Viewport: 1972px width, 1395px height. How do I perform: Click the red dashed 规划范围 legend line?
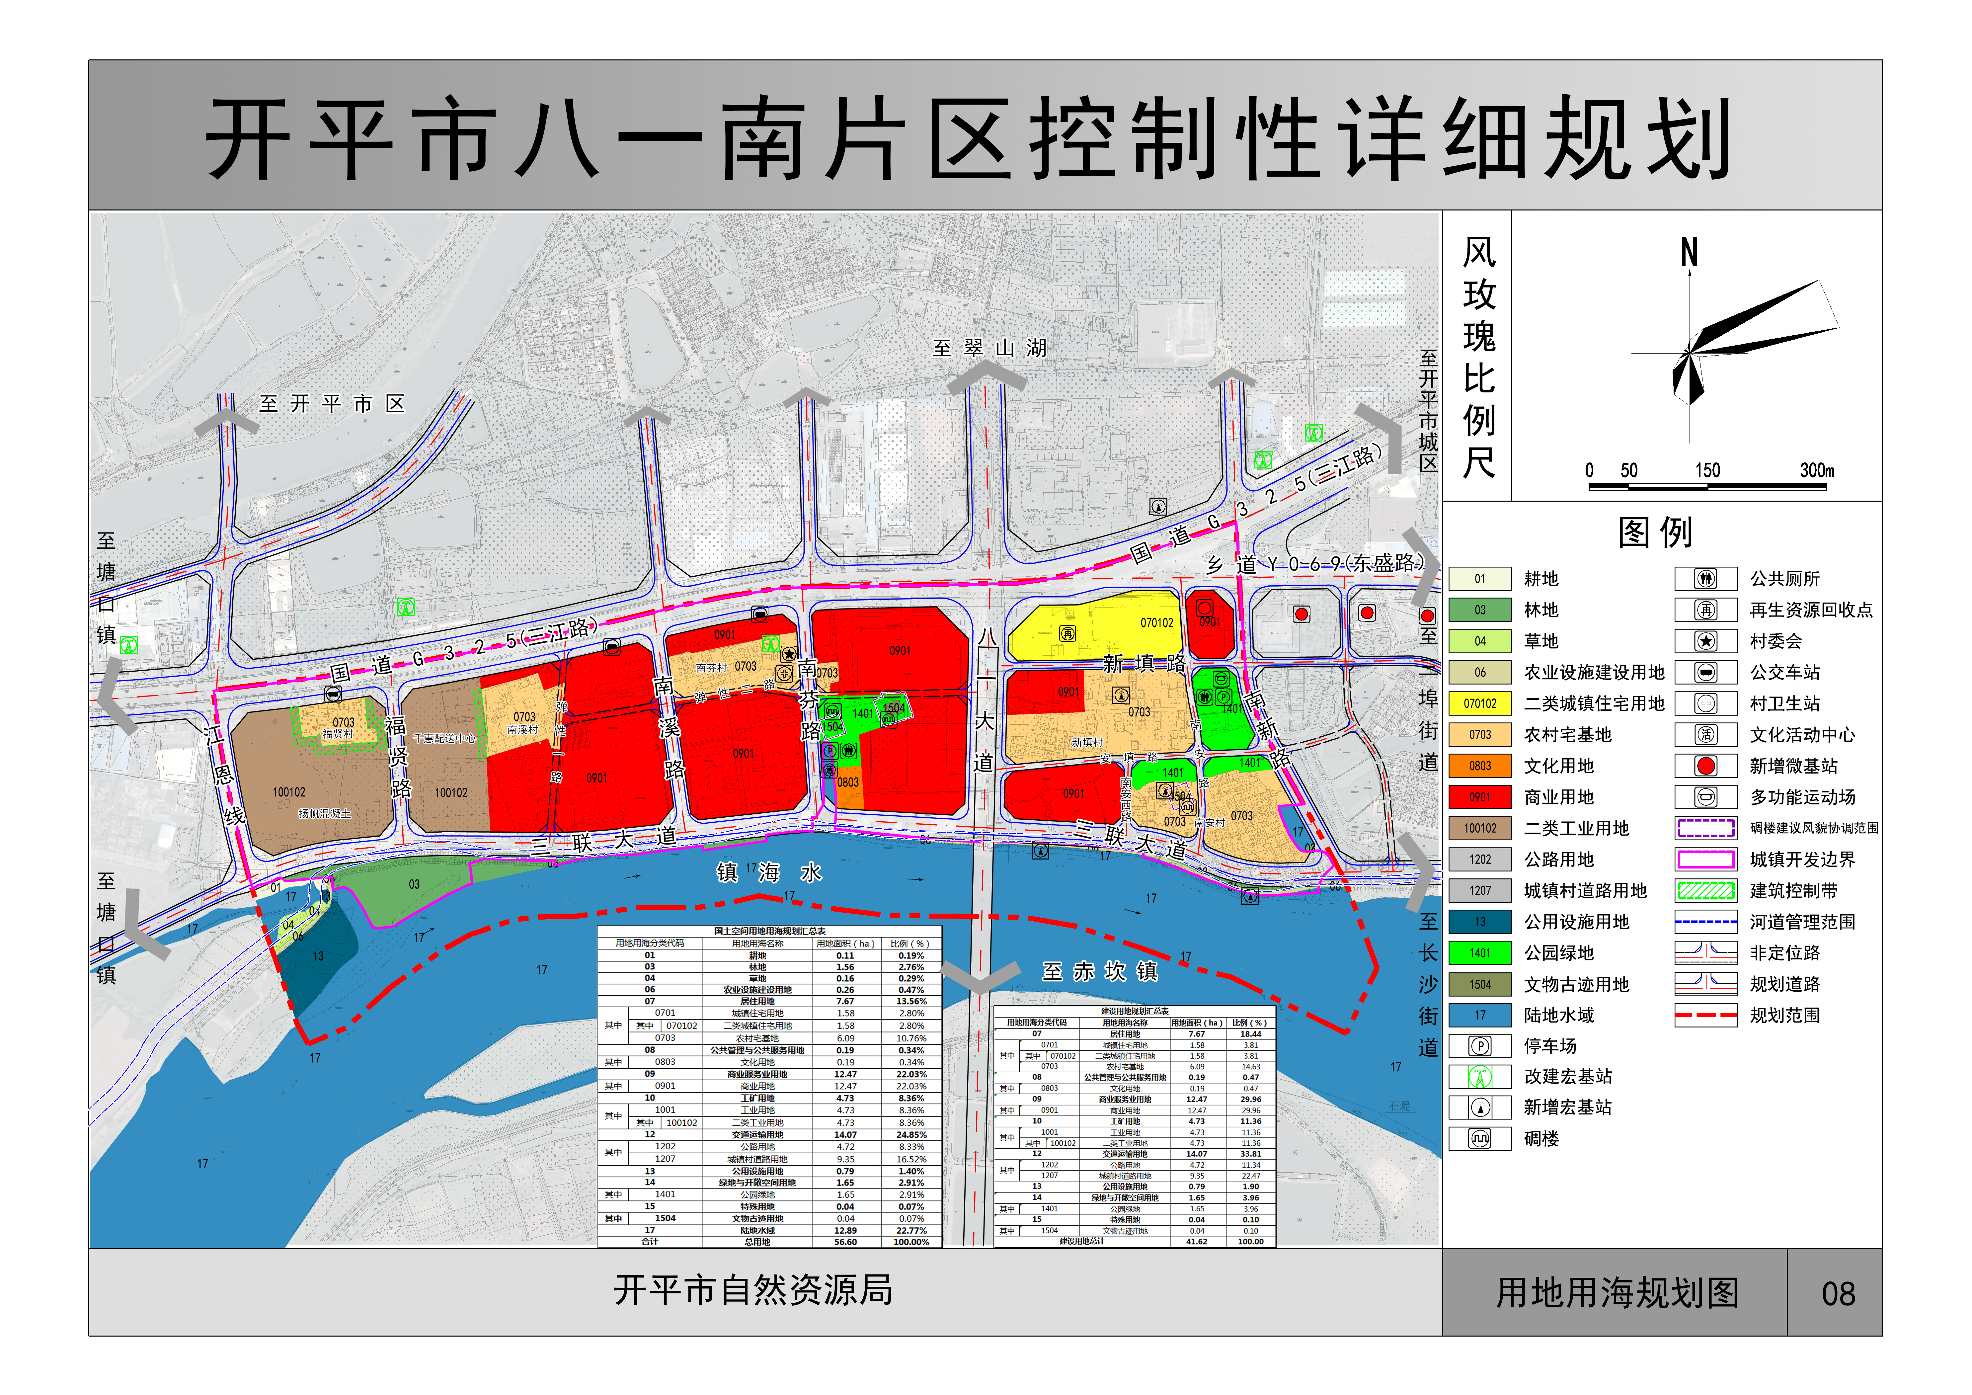click(x=1706, y=1015)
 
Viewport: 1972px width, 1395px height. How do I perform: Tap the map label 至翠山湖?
click(x=989, y=348)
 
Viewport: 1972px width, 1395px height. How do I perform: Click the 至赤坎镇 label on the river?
click(x=1099, y=971)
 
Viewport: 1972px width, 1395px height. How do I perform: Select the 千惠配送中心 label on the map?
click(x=444, y=738)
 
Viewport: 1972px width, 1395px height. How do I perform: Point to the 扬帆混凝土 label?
click(x=325, y=813)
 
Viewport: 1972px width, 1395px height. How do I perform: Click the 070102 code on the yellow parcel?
click(x=1156, y=623)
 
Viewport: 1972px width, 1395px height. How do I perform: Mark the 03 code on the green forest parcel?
click(x=414, y=884)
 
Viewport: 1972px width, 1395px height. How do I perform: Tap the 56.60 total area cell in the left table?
click(x=845, y=1242)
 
